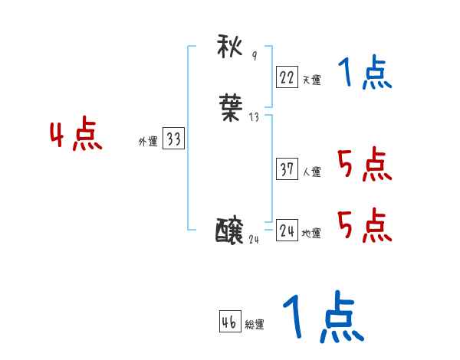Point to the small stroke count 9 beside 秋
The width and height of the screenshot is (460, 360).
pyautogui.click(x=255, y=56)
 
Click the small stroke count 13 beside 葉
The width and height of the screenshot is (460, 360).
pyautogui.click(x=255, y=117)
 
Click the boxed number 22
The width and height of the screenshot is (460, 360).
pyautogui.click(x=287, y=77)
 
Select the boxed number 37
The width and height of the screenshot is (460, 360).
pyautogui.click(x=287, y=169)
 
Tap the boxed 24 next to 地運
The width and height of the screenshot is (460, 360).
pyautogui.click(x=287, y=231)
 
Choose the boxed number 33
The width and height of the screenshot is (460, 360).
pyautogui.click(x=174, y=139)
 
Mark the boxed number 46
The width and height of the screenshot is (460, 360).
pyautogui.click(x=229, y=322)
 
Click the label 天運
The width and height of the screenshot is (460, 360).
pyautogui.click(x=311, y=80)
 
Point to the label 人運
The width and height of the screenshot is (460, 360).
pyautogui.click(x=311, y=172)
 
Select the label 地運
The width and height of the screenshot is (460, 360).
pyautogui.click(x=311, y=234)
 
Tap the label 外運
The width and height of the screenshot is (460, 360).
pyautogui.click(x=148, y=142)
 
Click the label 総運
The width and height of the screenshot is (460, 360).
pyautogui.click(x=255, y=325)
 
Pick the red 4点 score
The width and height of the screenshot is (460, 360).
pyautogui.click(x=76, y=136)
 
